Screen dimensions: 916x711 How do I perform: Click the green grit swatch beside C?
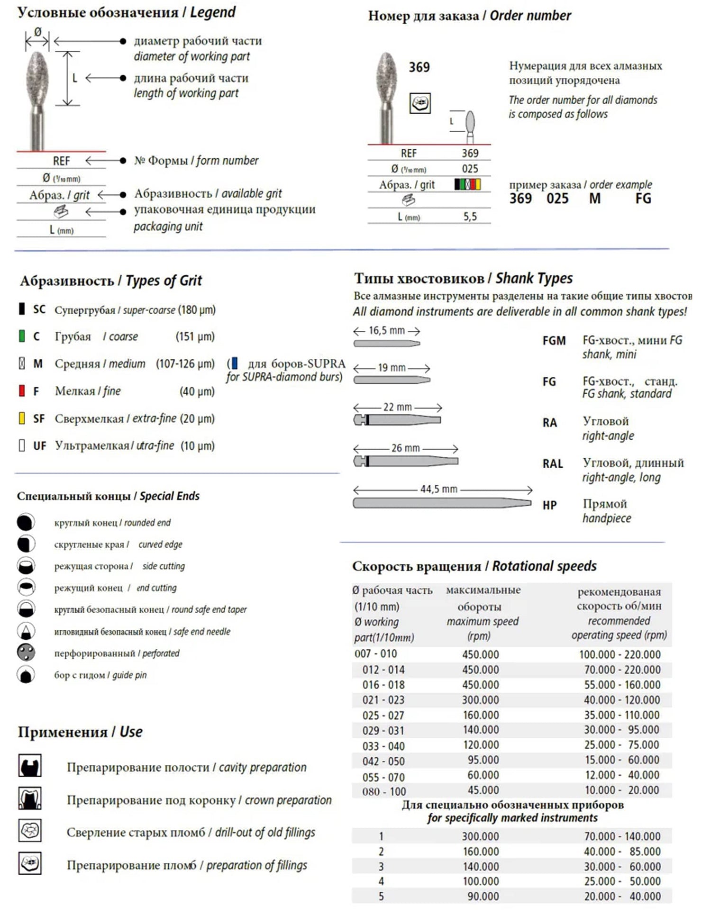point(21,336)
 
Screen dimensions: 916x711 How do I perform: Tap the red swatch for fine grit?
point(21,391)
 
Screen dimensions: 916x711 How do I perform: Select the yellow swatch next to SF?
point(21,418)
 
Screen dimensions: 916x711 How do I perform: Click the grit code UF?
point(39,446)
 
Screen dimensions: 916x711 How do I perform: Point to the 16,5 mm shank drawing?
point(387,343)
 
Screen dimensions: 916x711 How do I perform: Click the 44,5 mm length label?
point(438,489)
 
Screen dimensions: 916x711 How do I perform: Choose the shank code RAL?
point(553,463)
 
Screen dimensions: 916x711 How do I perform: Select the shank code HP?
point(549,505)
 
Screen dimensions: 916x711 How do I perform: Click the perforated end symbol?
point(26,653)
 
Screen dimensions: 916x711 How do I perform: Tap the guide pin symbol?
point(26,675)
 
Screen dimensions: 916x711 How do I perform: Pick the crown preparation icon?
point(30,798)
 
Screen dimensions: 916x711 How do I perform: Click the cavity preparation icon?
point(30,766)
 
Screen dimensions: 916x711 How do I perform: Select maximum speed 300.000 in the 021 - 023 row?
point(480,700)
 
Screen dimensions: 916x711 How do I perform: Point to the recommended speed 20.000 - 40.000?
point(622,896)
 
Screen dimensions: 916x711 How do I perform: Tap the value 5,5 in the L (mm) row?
point(470,217)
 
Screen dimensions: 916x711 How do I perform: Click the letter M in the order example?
point(594,199)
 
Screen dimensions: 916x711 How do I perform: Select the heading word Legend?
point(212,12)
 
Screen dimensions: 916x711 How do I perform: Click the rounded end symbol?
point(26,522)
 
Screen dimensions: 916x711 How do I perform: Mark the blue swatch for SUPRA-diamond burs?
point(235,364)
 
